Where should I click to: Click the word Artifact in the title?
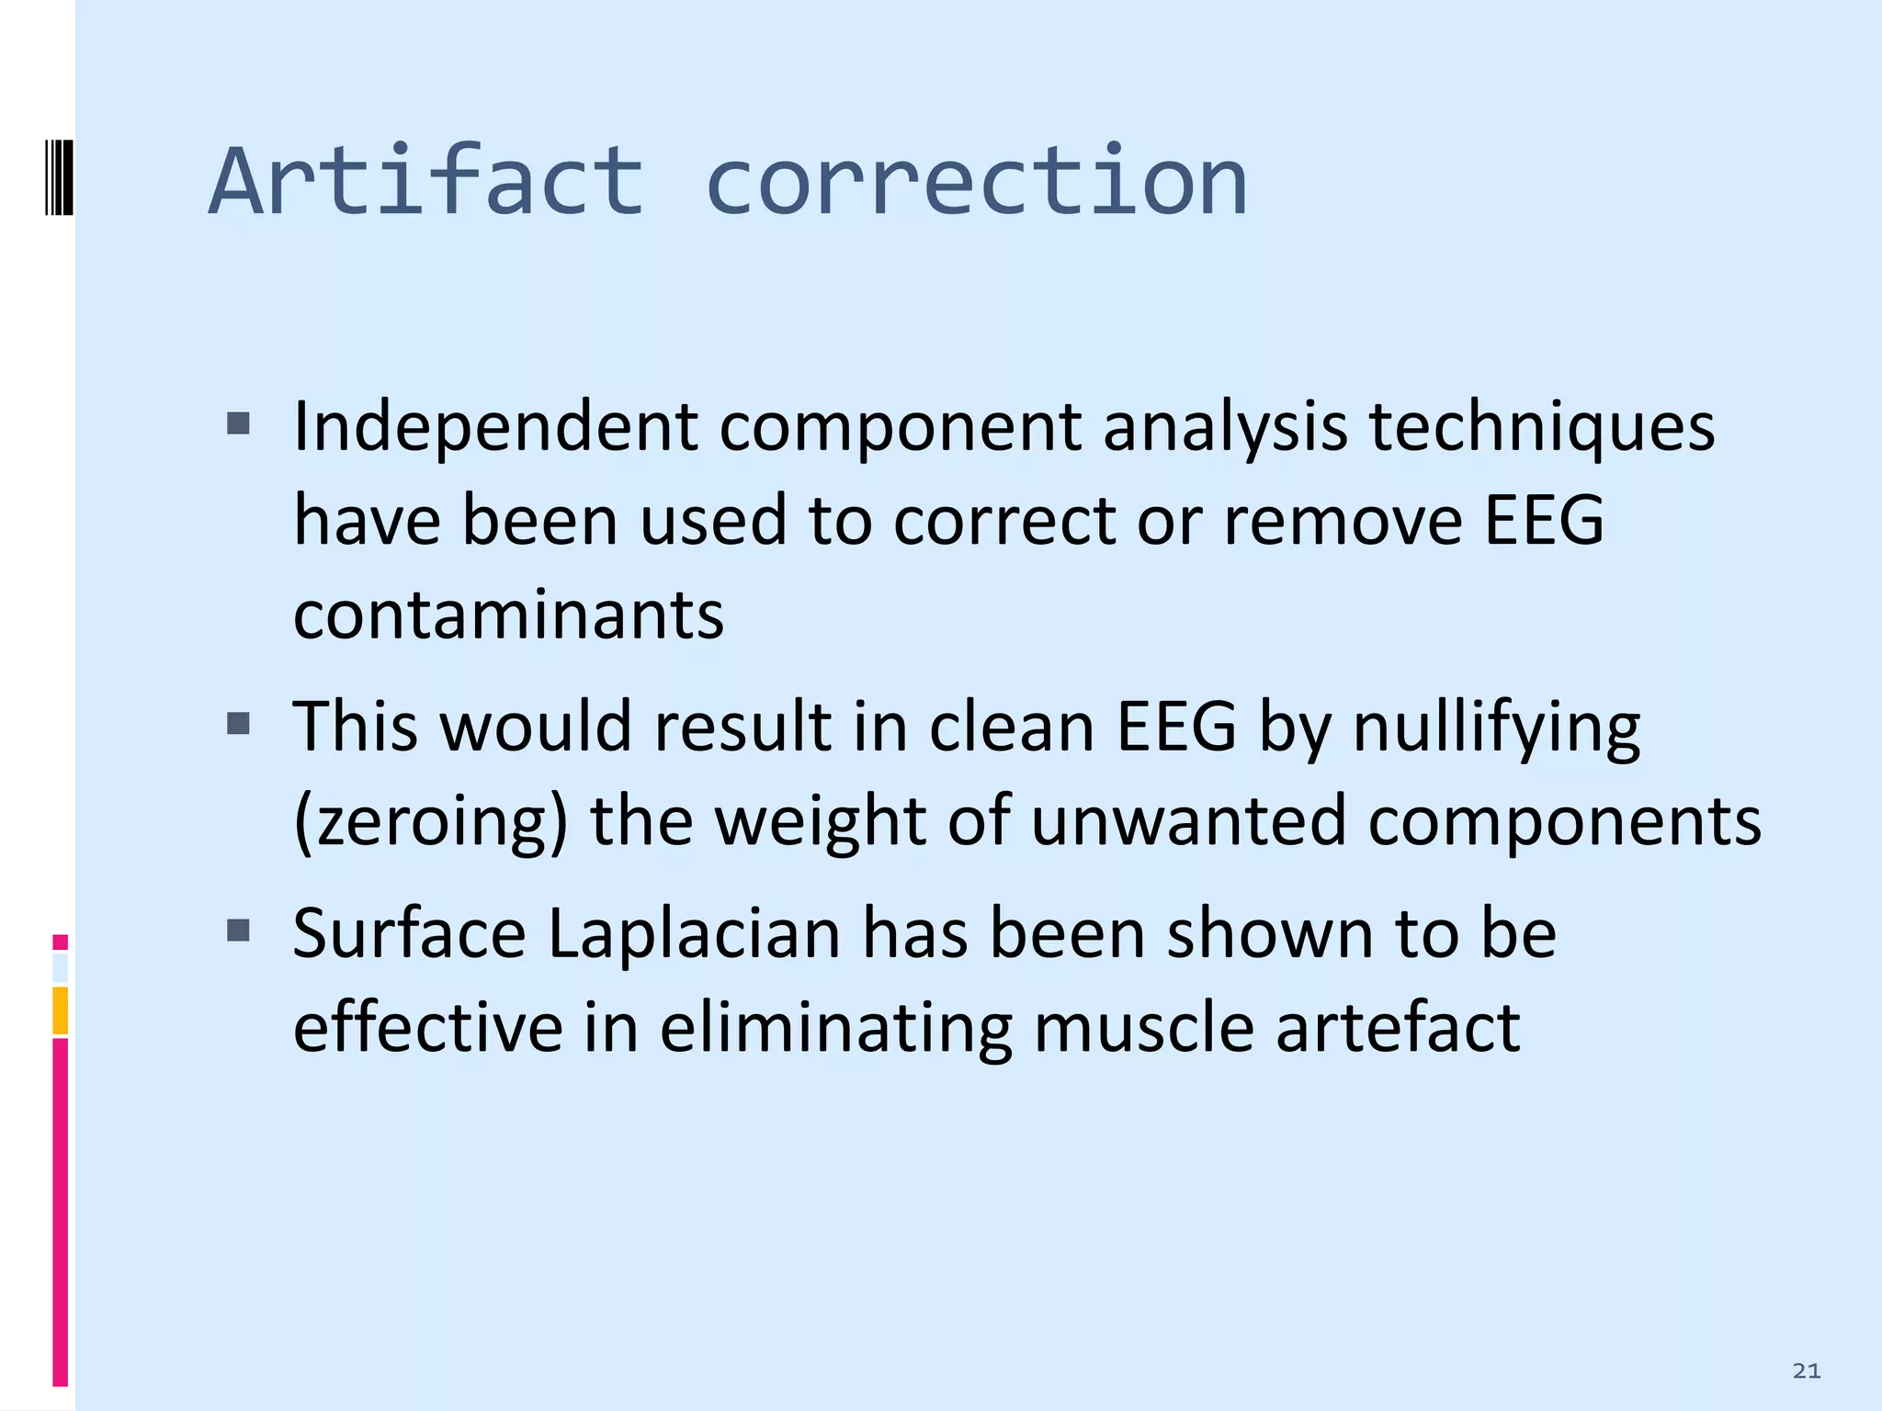pos(426,181)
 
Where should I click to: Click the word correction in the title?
pos(976,181)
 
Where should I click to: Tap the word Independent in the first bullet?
pos(495,428)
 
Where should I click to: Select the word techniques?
pos(1541,428)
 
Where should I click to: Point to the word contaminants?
pos(508,615)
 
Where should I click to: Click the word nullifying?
pos(1496,728)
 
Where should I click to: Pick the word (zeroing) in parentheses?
pos(430,821)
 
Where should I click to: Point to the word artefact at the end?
pos(1397,1028)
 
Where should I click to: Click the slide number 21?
pos(1806,1371)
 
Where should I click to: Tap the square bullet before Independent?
pos(238,423)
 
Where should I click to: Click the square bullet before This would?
pos(238,724)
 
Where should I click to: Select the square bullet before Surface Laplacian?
pos(238,931)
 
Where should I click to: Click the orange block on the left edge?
pos(60,1010)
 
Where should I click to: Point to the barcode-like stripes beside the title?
pos(58,176)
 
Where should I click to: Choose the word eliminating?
pos(835,1028)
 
